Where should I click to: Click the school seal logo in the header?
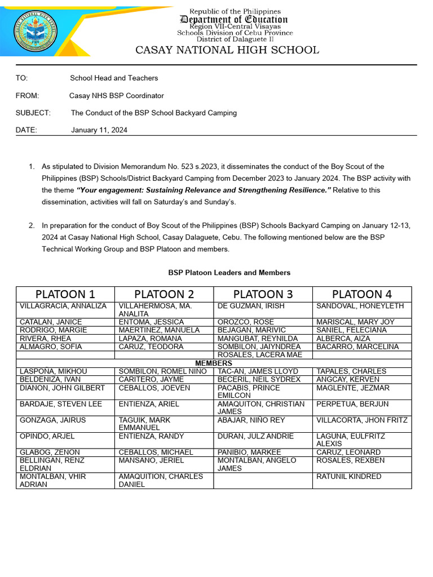36,33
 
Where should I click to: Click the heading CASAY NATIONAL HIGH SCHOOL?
227,50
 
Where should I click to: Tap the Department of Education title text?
233,20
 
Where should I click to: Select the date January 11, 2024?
99,130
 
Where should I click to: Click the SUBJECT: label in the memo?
33,113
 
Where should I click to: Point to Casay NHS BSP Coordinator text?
117,96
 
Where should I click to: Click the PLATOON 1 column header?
65,294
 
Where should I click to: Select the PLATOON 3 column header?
263,294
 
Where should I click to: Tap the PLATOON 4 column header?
362,294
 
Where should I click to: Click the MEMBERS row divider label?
214,363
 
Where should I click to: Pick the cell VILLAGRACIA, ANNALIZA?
63,306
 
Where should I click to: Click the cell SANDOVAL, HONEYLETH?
360,306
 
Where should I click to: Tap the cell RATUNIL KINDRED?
349,477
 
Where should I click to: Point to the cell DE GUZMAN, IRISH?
251,306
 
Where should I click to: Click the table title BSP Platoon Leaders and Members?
229,273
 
